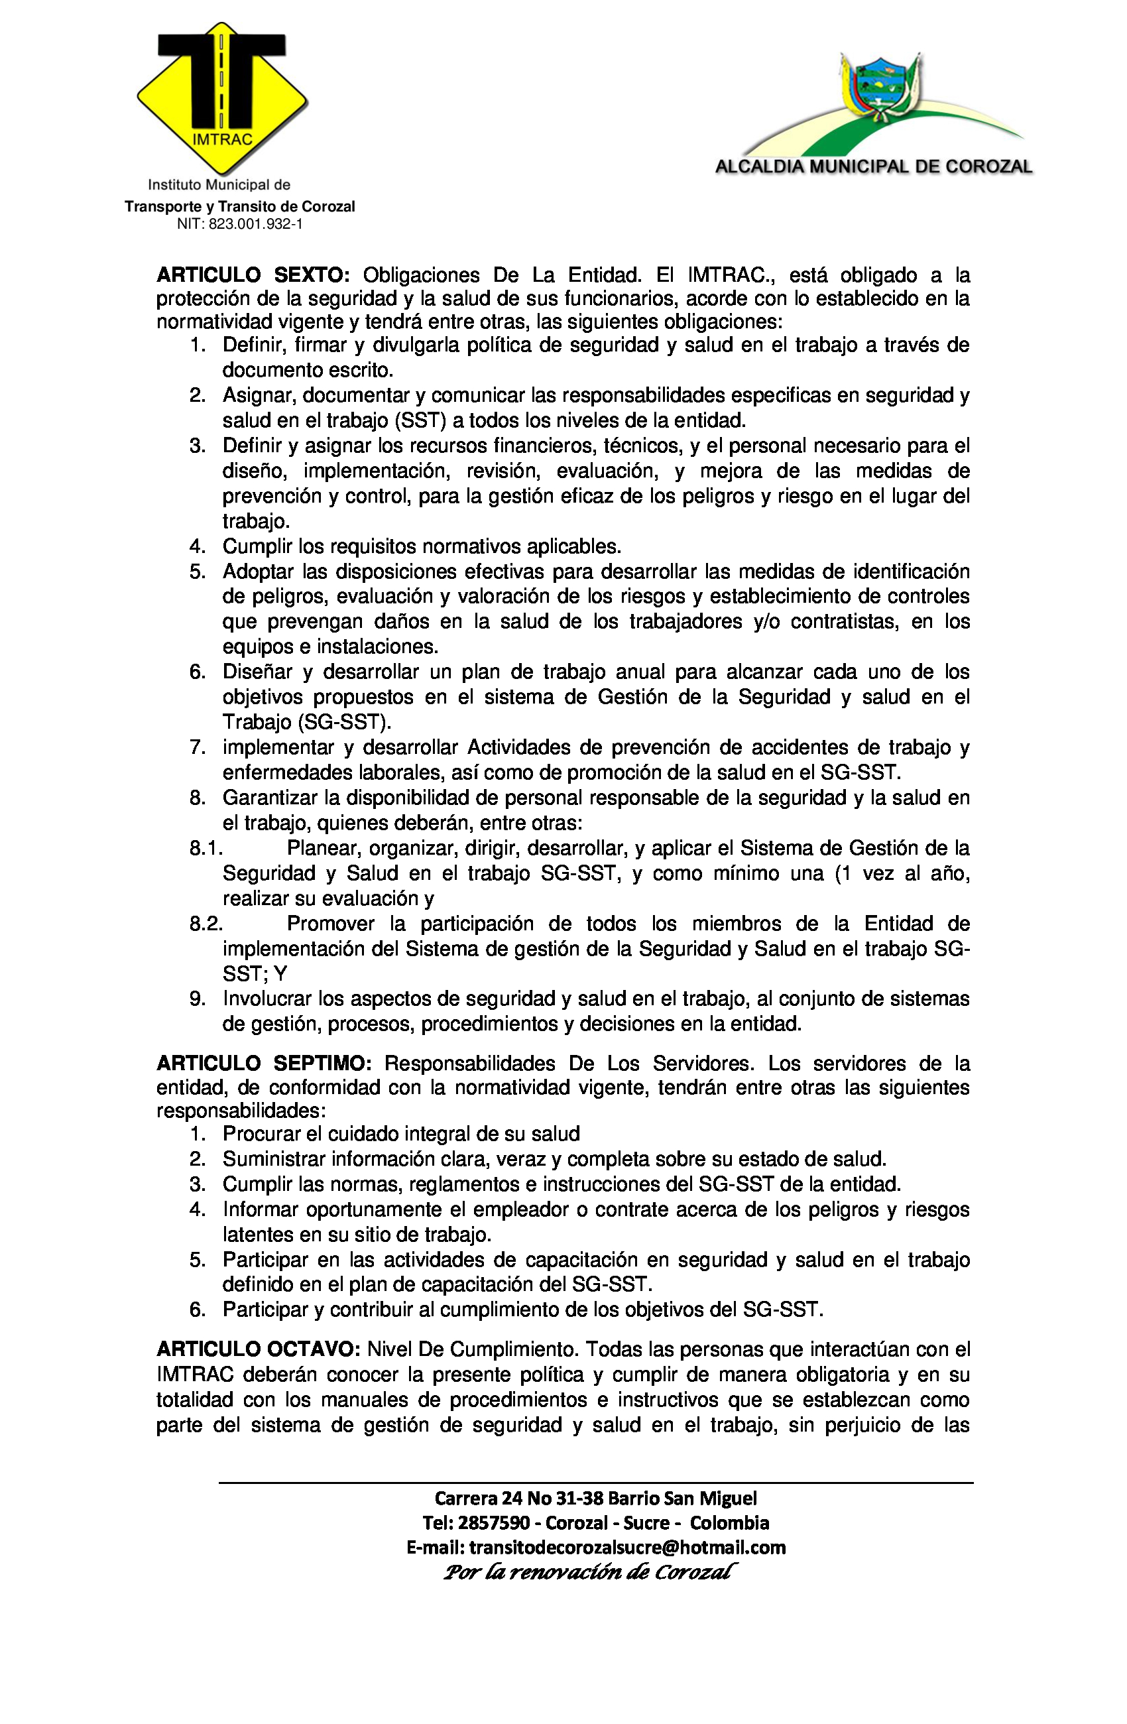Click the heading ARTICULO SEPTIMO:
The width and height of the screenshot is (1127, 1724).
pyautogui.click(x=264, y=1064)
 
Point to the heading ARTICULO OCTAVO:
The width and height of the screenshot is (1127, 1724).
pyautogui.click(x=258, y=1349)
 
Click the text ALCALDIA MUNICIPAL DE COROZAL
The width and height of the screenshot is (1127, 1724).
pyautogui.click(x=874, y=167)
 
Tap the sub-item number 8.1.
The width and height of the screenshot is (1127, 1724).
pyautogui.click(x=206, y=848)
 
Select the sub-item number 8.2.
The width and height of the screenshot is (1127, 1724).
pyautogui.click(x=206, y=924)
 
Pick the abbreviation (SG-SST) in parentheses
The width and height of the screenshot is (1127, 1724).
pyautogui.click(x=343, y=722)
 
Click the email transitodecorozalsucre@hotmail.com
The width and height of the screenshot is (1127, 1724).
pyautogui.click(x=627, y=1548)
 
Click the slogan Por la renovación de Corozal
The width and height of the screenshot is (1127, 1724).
pyautogui.click(x=589, y=1572)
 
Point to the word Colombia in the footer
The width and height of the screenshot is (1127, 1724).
pyautogui.click(x=729, y=1523)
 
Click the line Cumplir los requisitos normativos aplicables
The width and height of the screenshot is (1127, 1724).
pyautogui.click(x=422, y=546)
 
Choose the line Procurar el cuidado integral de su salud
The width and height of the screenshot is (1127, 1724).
pyautogui.click(x=401, y=1134)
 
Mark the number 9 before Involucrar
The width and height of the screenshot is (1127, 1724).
pyautogui.click(x=197, y=999)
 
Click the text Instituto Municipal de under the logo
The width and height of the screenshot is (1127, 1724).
pyautogui.click(x=219, y=186)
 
